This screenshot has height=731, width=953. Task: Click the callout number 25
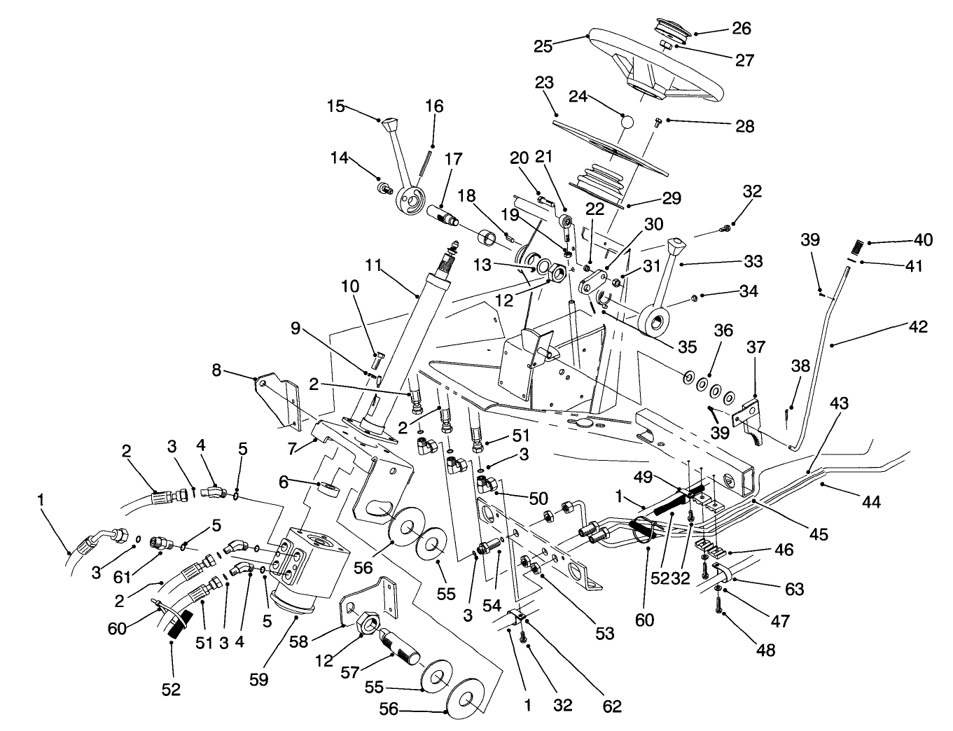[543, 46]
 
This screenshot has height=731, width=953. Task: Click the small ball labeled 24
[627, 122]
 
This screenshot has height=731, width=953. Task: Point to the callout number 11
[373, 266]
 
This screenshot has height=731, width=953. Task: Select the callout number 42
[918, 326]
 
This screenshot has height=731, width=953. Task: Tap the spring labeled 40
[856, 246]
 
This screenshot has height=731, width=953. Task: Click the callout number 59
[259, 679]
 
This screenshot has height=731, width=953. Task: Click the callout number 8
[217, 370]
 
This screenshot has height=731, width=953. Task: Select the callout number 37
[756, 348]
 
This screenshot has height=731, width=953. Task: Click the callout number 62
[612, 706]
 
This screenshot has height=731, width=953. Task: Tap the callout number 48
[767, 650]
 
